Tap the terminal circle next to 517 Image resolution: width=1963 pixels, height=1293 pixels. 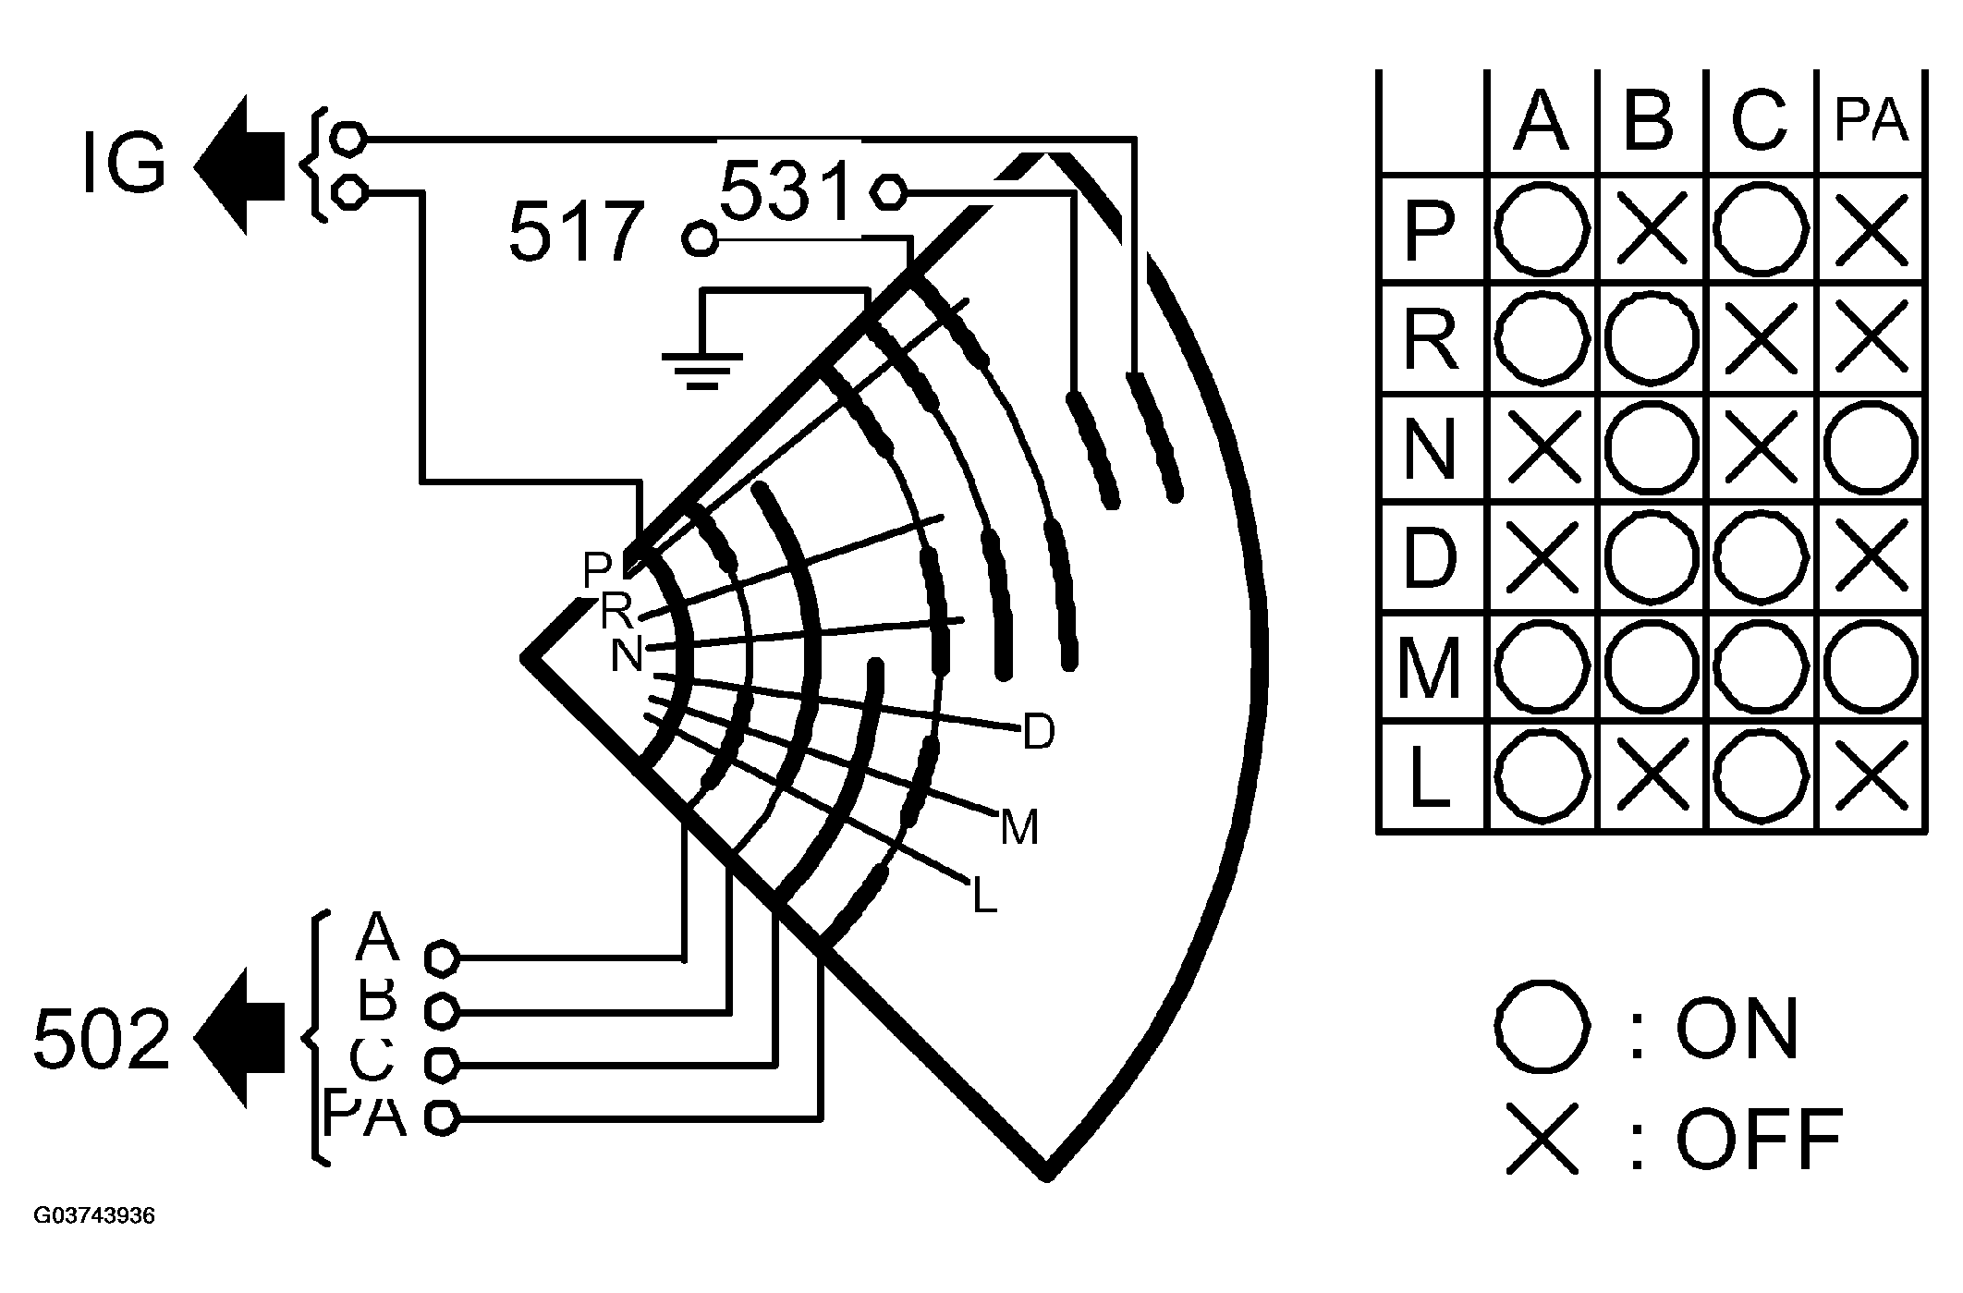(700, 239)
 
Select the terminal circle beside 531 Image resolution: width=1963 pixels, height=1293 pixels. (888, 191)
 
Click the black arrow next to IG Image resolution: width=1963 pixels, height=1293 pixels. (240, 165)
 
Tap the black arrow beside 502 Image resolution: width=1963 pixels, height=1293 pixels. (240, 1037)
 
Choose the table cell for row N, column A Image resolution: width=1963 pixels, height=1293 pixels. (1542, 448)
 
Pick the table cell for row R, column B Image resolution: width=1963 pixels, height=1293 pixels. (1652, 338)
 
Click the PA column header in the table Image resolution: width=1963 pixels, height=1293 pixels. (1871, 122)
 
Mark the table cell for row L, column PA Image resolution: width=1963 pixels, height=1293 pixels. (1871, 775)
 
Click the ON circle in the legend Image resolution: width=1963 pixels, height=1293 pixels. (1542, 1028)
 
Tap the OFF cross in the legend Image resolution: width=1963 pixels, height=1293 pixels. (1542, 1138)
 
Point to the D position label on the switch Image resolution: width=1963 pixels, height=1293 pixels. (1039, 733)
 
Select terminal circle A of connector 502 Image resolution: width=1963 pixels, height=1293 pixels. (442, 958)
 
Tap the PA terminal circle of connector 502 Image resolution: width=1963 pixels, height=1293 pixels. (442, 1118)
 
